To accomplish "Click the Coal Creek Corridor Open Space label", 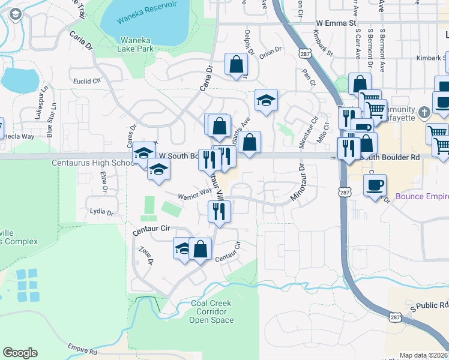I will point(211,311).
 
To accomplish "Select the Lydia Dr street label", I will point(101,212).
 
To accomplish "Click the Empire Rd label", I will point(82,349).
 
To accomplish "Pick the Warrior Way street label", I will point(194,193).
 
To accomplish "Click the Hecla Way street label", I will point(20,137).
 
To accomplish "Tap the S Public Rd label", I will point(430,307).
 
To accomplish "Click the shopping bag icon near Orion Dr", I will point(237,65).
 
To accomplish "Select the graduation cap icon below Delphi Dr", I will point(265,100).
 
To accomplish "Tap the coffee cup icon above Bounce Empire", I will point(376,185).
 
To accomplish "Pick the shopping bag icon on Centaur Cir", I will point(200,248).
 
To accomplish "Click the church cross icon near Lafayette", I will point(424,112).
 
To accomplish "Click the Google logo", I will point(20,353).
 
